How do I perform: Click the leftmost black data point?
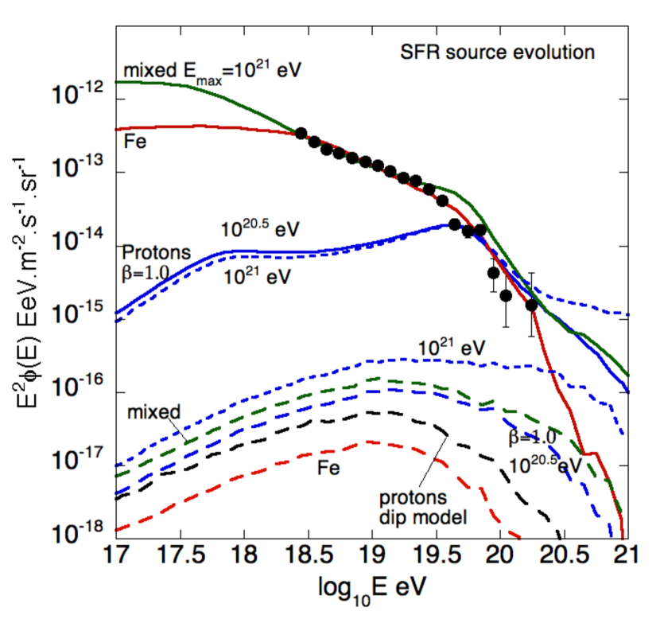(x=301, y=133)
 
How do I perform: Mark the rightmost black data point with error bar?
(x=531, y=305)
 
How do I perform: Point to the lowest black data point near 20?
(x=506, y=295)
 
